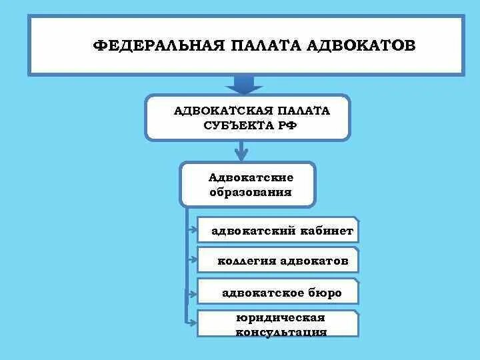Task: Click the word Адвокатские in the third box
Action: [251, 177]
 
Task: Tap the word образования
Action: [251, 192]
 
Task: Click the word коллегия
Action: [247, 261]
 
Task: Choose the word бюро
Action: [325, 293]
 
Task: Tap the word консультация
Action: [281, 331]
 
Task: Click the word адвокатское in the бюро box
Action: [263, 293]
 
